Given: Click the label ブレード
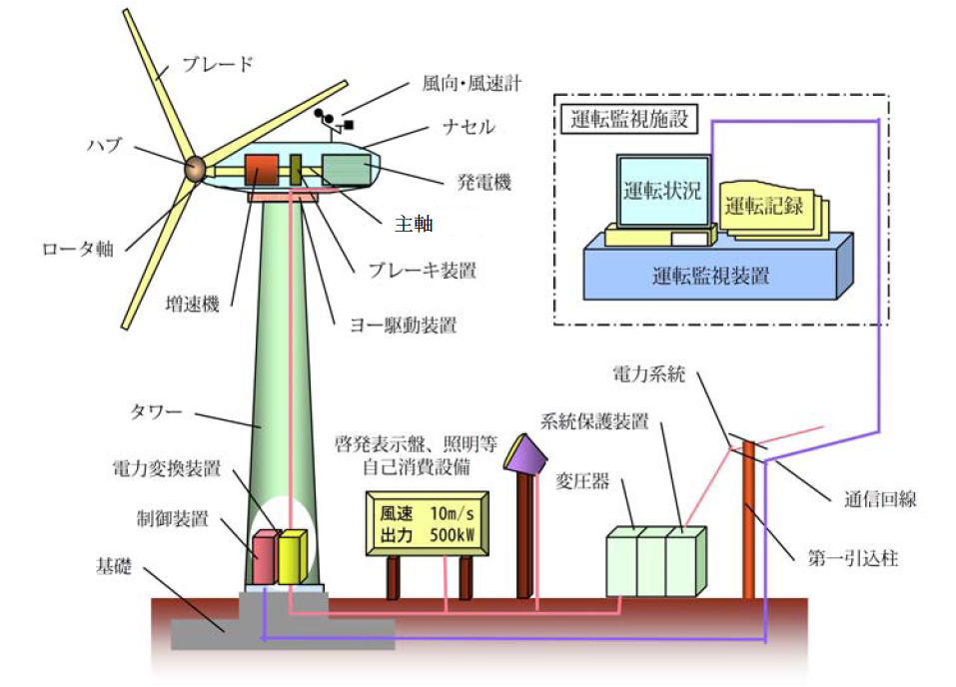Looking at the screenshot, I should tap(218, 65).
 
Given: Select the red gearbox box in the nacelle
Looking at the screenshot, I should tap(263, 170).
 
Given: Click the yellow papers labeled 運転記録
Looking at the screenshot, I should tap(766, 208).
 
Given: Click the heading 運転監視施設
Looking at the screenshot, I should tap(624, 118).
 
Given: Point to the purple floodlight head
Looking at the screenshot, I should tap(526, 455).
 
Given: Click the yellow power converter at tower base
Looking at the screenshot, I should tap(290, 557).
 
